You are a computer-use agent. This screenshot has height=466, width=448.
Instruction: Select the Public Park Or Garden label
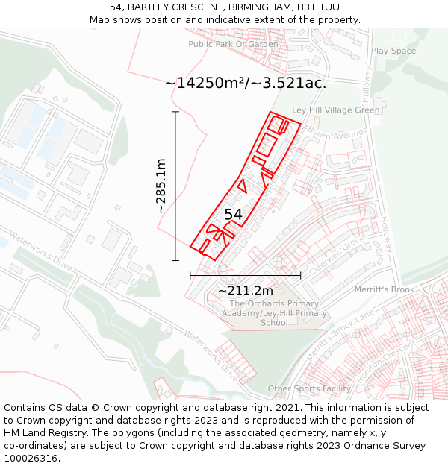[x=233, y=44]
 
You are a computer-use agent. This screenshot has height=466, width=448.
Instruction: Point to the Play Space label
[x=393, y=51]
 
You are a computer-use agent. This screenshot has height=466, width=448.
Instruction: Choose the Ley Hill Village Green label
[x=335, y=110]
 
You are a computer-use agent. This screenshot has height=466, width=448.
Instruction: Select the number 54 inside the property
[x=234, y=215]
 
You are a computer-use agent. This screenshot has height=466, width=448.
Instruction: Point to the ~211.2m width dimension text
[x=245, y=290]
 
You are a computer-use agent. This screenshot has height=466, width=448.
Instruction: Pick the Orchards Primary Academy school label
[x=274, y=313]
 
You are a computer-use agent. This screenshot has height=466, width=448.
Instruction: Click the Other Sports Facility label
[x=309, y=388]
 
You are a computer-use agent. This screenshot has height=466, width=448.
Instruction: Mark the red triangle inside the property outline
[x=241, y=186]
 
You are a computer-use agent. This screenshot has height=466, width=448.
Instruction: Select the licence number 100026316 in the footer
[x=32, y=459]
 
